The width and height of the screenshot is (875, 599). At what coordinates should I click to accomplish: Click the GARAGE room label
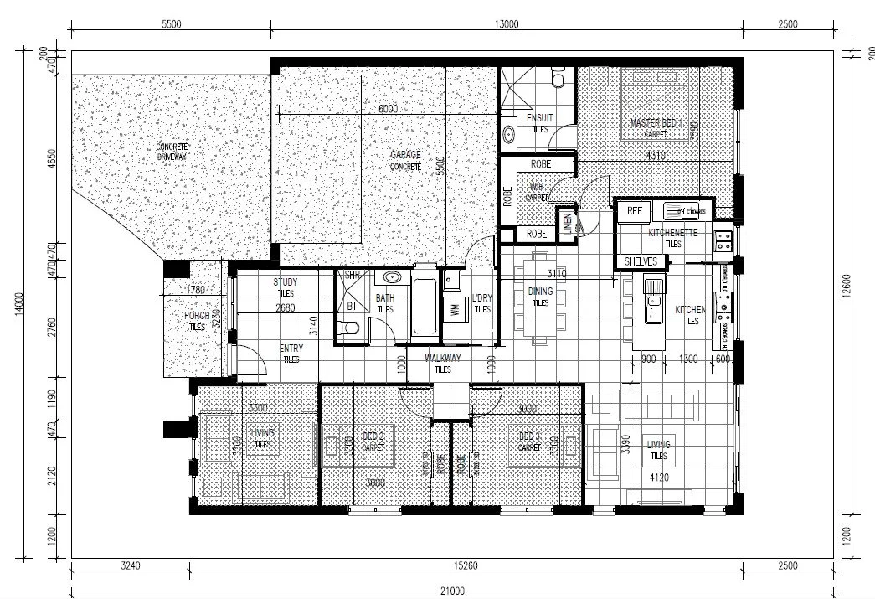(x=405, y=155)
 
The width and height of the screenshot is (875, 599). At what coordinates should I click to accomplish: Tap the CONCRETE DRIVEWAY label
(x=172, y=152)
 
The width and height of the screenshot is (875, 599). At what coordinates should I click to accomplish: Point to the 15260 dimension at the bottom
(x=466, y=565)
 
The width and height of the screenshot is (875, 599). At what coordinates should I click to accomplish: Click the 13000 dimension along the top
(x=507, y=24)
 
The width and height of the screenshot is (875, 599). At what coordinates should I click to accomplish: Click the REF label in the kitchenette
(x=634, y=211)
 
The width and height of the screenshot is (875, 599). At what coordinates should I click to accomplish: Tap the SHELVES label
(x=642, y=262)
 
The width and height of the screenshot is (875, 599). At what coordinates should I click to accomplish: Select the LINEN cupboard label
(x=567, y=224)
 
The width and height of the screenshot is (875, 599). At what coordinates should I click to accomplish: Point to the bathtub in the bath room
(x=424, y=302)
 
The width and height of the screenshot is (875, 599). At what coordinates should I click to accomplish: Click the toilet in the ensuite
(x=559, y=79)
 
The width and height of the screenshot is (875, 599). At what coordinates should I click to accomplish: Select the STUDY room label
(x=286, y=283)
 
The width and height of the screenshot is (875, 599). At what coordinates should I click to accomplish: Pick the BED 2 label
(x=373, y=436)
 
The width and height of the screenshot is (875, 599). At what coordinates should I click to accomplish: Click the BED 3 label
(x=529, y=436)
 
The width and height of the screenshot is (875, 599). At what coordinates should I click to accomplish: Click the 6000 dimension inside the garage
(x=388, y=109)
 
